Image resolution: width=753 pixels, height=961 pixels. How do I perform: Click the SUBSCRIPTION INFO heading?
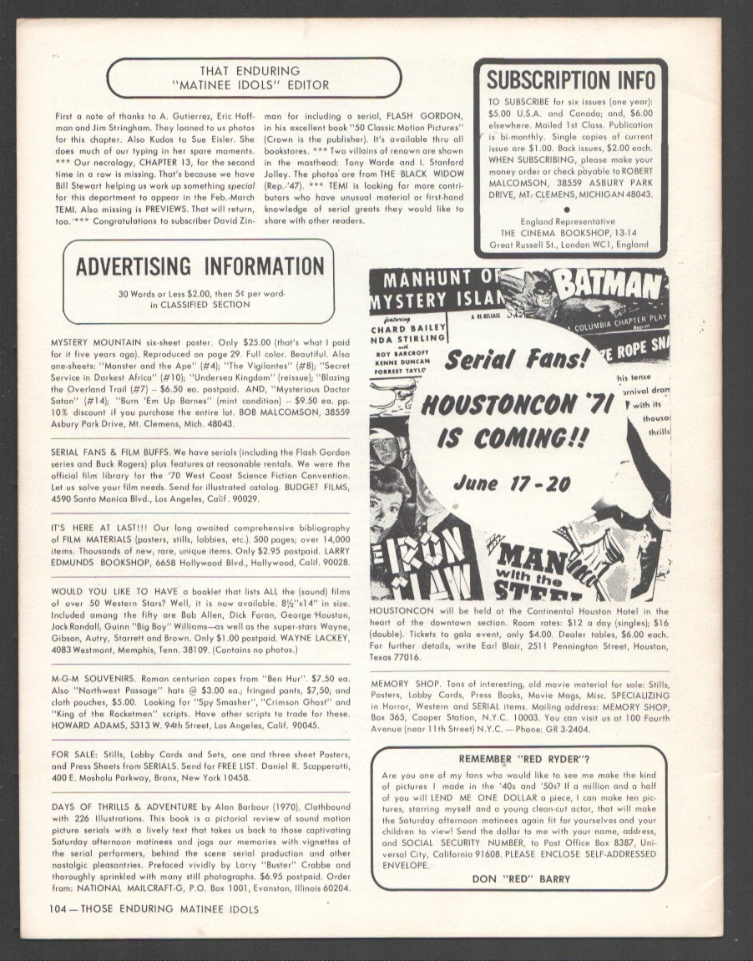click(x=571, y=80)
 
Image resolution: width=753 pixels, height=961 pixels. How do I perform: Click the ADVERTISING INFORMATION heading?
click(x=200, y=266)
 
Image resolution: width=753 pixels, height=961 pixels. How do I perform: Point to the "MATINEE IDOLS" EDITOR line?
click(x=255, y=85)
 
